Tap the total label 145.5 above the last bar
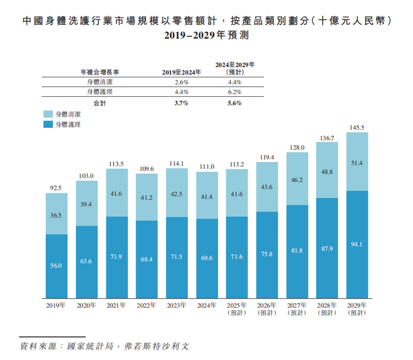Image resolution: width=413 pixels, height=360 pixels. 357,127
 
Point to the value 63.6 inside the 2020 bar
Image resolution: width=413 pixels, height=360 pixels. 86,261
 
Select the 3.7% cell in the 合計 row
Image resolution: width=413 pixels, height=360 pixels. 181,103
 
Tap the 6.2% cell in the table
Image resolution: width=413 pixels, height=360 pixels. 234,92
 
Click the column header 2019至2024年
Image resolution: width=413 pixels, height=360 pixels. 181,72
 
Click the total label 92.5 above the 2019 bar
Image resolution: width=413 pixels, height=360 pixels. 57,188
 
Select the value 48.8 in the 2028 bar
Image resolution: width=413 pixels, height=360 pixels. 327,172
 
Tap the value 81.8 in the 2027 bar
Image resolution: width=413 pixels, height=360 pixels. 297,250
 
